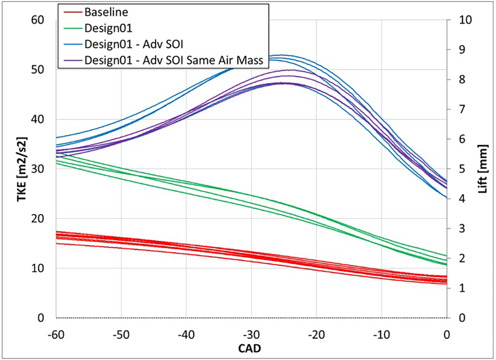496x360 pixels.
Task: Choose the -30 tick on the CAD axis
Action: [x=251, y=334]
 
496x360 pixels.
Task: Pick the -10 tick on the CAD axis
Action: [x=382, y=334]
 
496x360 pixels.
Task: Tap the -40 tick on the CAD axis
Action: [x=186, y=334]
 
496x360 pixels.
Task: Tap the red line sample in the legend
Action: [x=71, y=11]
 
